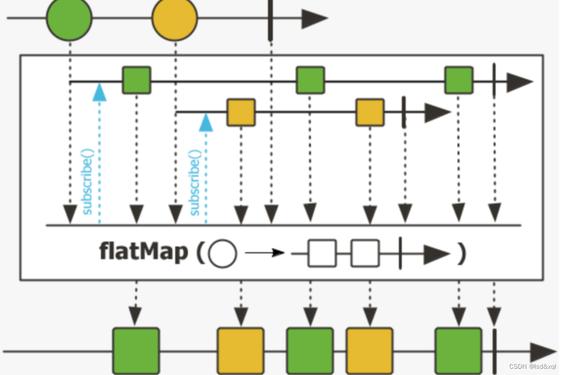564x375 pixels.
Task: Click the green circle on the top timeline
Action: [69, 18]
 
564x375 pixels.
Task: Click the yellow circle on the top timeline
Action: [175, 18]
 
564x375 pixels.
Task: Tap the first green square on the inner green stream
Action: [136, 80]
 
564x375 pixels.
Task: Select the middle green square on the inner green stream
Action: [310, 80]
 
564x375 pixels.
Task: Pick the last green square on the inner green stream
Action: [458, 80]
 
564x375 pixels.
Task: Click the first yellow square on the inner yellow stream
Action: [241, 113]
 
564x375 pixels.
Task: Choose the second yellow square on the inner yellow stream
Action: [370, 113]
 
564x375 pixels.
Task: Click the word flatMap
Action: [144, 253]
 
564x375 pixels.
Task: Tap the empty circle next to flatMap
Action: [222, 254]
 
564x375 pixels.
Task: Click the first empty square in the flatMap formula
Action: [322, 254]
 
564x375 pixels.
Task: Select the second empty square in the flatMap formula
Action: [365, 254]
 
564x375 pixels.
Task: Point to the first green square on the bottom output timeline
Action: [136, 350]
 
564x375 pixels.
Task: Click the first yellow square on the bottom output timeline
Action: [240, 350]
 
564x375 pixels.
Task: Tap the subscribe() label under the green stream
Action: [87, 182]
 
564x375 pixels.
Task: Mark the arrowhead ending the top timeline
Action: [314, 19]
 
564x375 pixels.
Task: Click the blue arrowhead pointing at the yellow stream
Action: [206, 123]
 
